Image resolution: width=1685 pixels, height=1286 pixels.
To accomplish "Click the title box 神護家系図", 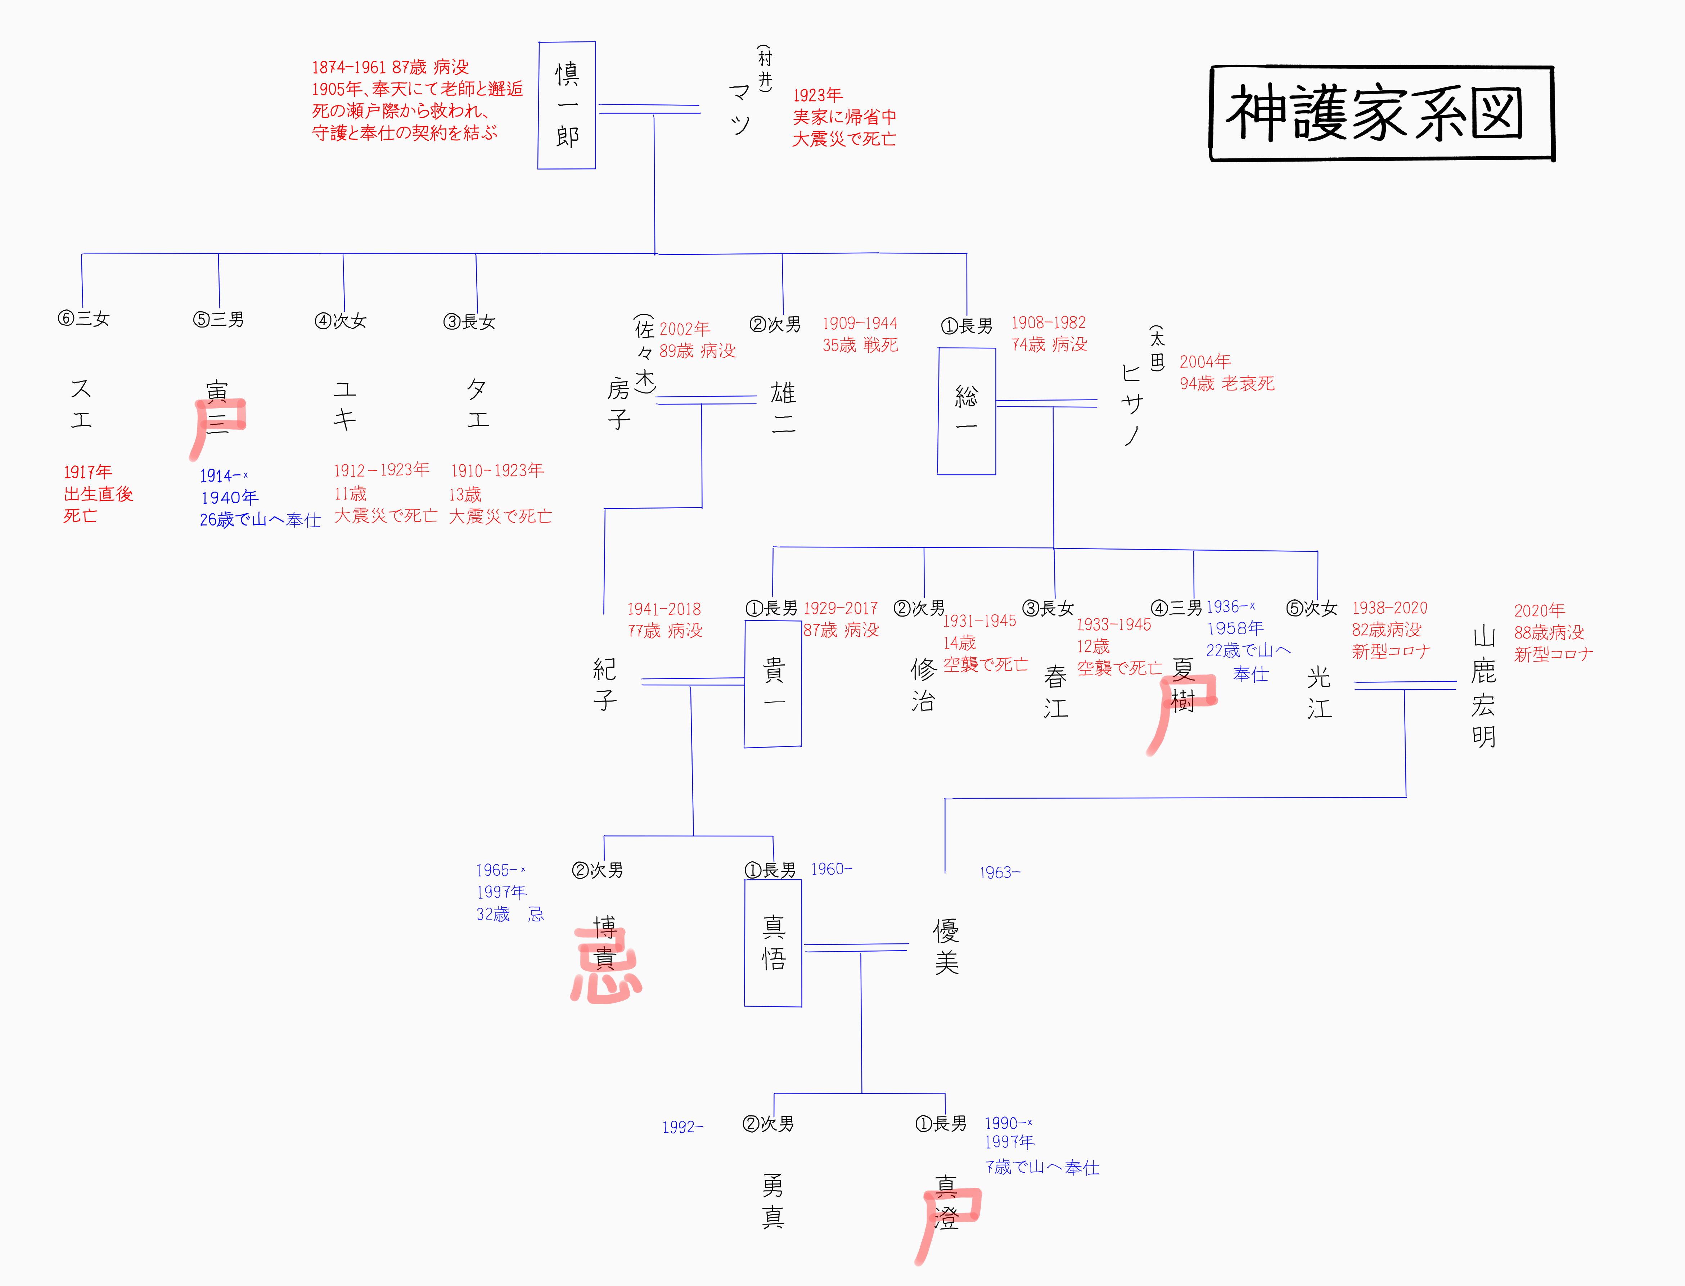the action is coord(1382,113).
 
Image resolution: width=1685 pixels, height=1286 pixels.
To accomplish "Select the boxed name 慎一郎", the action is coord(567,105).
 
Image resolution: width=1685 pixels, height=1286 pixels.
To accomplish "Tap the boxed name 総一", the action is coord(966,411).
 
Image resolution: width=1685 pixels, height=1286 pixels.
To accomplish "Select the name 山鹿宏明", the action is coord(1484,687).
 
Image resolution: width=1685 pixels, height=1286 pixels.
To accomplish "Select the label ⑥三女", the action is coord(84,319).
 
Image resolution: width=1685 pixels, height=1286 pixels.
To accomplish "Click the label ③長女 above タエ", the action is coord(469,321).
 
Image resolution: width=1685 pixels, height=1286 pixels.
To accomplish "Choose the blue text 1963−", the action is coord(1000,873).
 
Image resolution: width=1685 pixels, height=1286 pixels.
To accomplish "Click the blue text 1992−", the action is coord(682,1127).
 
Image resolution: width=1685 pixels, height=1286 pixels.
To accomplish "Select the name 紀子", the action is coord(605,684).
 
